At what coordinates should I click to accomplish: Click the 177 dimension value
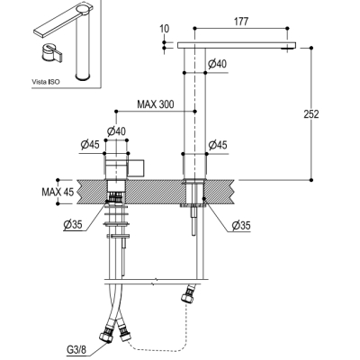pos(241,22)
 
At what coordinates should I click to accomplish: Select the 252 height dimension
pos(311,114)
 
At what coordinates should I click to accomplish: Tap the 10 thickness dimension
pos(165,29)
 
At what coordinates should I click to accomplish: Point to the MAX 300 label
pos(156,104)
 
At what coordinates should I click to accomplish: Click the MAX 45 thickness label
pos(58,192)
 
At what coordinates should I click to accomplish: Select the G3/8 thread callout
pos(76,350)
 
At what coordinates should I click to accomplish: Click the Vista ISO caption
pos(46,82)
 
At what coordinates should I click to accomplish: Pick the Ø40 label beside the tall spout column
pos(217,64)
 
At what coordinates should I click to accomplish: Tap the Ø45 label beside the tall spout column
pos(218,145)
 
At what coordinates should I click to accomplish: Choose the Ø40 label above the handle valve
pos(116,131)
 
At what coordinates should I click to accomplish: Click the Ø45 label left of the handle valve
pos(90,145)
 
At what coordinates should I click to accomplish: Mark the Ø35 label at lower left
pos(73,224)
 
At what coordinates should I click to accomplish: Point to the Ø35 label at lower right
pos(241,226)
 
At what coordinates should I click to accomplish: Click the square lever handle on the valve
pos(137,166)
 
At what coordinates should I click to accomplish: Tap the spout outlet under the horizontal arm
pos(287,49)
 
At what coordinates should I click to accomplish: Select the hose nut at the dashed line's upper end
pos(186,295)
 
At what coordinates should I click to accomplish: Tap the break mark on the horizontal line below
pos(154,283)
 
